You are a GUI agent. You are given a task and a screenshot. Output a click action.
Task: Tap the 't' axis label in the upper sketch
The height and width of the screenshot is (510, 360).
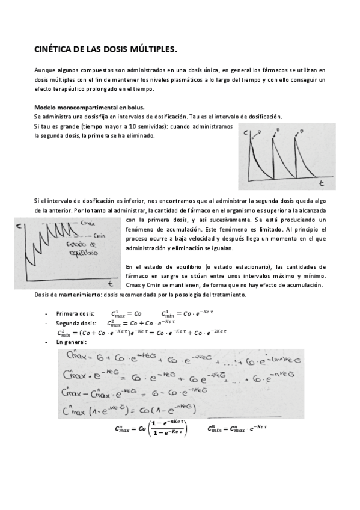click(x=322, y=181)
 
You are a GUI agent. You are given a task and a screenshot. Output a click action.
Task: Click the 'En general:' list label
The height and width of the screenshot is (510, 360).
click(x=72, y=342)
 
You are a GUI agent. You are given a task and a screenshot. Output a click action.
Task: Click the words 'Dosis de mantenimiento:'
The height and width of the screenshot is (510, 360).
click(x=67, y=295)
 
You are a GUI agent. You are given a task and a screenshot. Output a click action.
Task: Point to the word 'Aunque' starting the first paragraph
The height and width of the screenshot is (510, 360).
click(x=44, y=70)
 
